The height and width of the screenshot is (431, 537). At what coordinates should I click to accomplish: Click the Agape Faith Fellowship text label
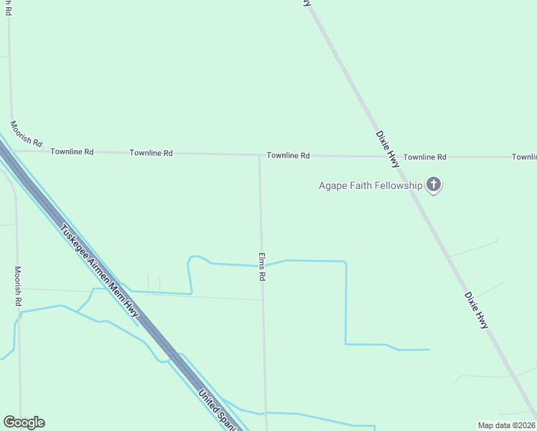[370, 185]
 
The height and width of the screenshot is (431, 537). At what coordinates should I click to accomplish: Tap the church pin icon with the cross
[434, 185]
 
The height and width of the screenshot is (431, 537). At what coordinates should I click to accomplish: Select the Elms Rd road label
[263, 266]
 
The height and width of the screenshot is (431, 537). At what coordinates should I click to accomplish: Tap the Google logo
[24, 422]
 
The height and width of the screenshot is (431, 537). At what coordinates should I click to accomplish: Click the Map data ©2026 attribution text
[507, 425]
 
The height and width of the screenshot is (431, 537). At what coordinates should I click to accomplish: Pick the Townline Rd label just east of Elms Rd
[288, 155]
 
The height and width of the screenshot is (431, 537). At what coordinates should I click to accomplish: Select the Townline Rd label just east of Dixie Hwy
[424, 157]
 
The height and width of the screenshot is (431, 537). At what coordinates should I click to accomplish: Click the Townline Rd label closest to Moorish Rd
[72, 152]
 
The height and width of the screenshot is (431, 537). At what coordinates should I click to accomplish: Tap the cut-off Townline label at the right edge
[524, 157]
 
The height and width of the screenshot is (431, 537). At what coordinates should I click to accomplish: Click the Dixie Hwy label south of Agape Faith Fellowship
[476, 310]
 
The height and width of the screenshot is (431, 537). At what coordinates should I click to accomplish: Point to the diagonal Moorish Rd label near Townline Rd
[27, 133]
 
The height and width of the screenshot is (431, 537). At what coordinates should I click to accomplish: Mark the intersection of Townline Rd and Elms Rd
[259, 154]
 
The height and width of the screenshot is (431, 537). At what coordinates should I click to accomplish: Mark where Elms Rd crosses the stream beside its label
[261, 266]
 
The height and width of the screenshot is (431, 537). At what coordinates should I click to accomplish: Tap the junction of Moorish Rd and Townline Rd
[13, 150]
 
